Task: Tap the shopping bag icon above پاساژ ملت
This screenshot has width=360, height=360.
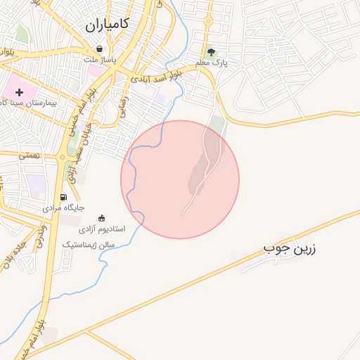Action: pyautogui.click(x=99, y=49)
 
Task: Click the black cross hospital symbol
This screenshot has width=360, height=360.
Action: pyautogui.click(x=19, y=92)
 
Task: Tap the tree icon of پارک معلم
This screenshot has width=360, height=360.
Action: pyautogui.click(x=210, y=52)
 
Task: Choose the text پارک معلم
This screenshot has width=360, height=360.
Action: pyautogui.click(x=213, y=64)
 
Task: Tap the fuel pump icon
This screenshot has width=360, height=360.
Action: pyautogui.click(x=64, y=198)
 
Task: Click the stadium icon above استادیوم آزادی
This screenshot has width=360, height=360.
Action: pyautogui.click(x=102, y=217)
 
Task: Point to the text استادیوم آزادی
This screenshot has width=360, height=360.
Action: pyautogui.click(x=100, y=229)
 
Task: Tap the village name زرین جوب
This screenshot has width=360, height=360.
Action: pyautogui.click(x=286, y=248)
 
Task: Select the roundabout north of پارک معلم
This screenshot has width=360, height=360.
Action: pyautogui.click(x=208, y=20)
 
